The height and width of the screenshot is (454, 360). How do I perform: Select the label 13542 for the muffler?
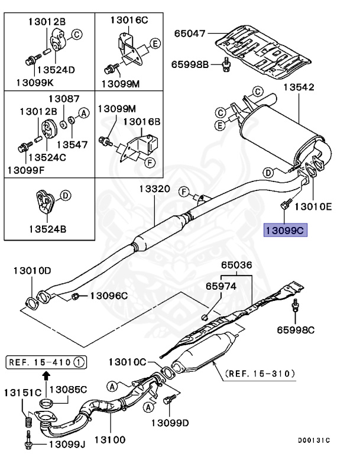pyautogui.click(x=298, y=87)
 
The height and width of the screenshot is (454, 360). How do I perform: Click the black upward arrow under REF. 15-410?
pyautogui.click(x=46, y=374)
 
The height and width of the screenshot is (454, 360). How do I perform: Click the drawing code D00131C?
pyautogui.click(x=313, y=440)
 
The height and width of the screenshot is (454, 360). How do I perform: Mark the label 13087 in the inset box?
pyautogui.click(x=64, y=99)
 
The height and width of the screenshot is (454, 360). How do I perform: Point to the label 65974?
pyautogui.click(x=222, y=286)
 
